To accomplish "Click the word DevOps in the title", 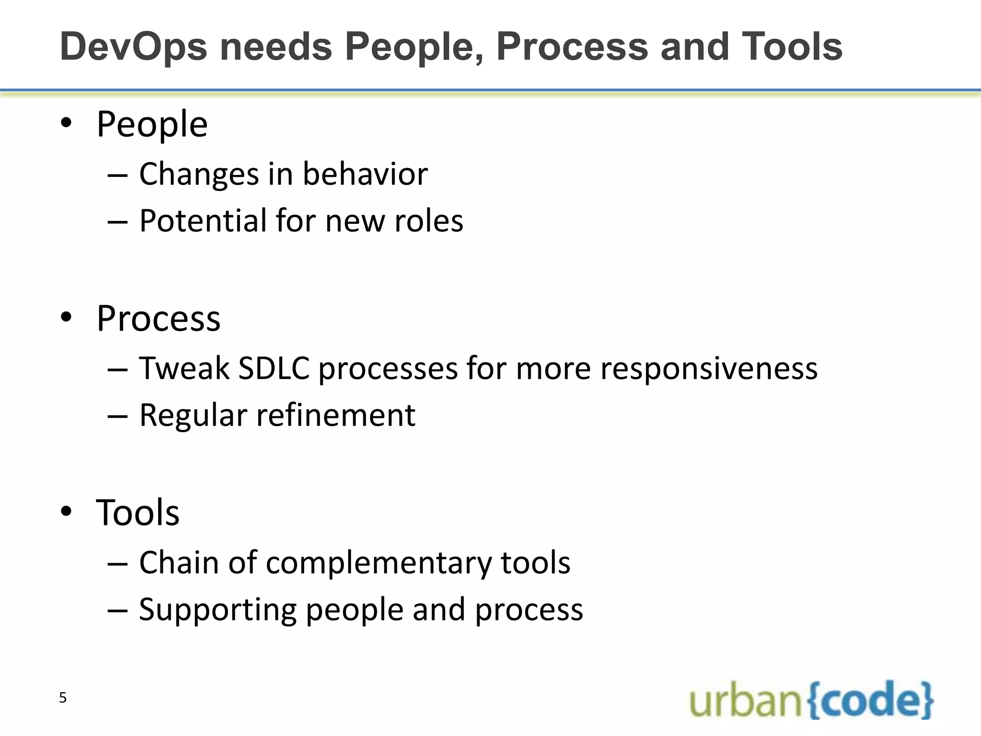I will (134, 47).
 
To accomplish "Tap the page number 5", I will (63, 698).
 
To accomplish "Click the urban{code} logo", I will (811, 700).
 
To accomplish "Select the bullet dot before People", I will (66, 123).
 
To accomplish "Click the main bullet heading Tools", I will (137, 512).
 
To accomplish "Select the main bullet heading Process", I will (158, 318).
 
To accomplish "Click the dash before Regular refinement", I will (117, 415).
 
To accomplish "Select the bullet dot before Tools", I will (66, 511).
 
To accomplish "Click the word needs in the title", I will (276, 47).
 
